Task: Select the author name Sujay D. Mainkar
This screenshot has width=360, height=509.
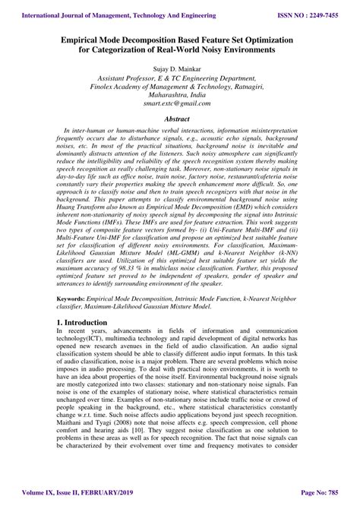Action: click(180, 68)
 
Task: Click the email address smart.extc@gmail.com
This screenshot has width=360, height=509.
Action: click(180, 109)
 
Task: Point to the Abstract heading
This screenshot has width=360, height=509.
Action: click(180, 120)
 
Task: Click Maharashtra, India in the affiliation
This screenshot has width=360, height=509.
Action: click(180, 99)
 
